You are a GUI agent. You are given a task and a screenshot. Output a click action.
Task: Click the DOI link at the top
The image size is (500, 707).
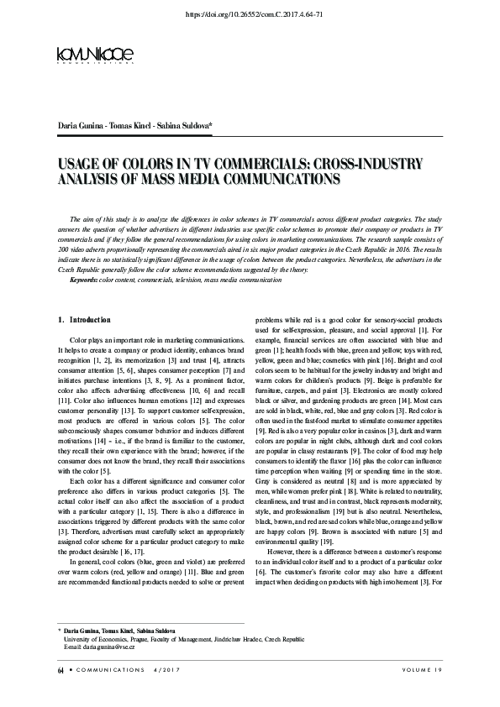point(250,15)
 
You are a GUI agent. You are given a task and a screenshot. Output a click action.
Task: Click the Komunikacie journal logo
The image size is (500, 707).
point(95,55)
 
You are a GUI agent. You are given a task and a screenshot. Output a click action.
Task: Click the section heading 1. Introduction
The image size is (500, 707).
point(83,320)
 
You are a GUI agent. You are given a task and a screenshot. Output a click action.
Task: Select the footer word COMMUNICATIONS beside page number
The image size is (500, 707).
point(108,693)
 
